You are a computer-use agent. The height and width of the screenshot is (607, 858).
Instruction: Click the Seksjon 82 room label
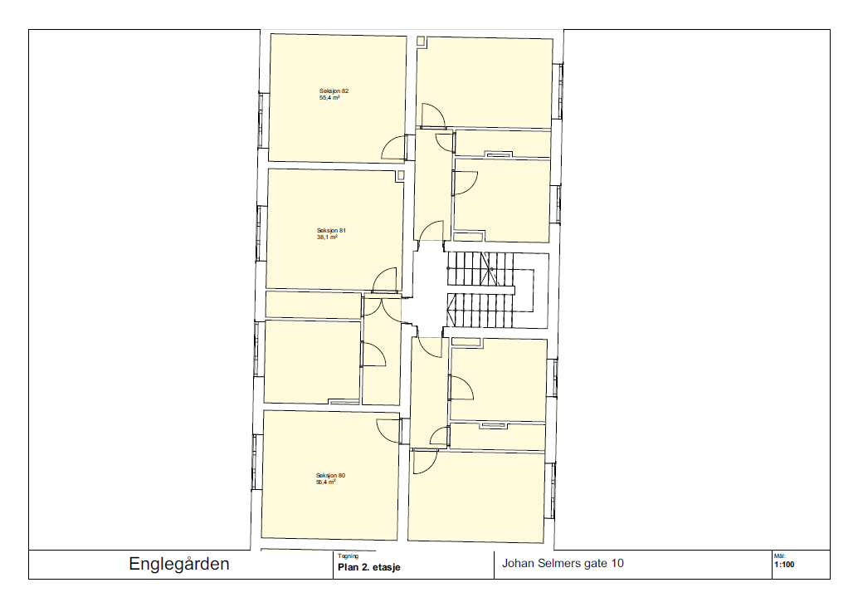(x=334, y=91)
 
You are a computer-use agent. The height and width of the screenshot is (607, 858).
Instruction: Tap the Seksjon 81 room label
(x=331, y=231)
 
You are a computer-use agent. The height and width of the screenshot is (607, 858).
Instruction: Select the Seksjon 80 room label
(x=330, y=476)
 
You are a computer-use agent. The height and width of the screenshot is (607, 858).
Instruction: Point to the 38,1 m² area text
(x=327, y=237)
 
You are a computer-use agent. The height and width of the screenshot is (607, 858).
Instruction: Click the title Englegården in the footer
(x=179, y=565)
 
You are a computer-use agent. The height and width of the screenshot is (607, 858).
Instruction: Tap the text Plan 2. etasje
(x=368, y=568)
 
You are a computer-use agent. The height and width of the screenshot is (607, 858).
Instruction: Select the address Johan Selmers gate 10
(x=563, y=563)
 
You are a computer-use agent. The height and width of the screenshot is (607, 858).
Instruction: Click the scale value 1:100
(x=784, y=565)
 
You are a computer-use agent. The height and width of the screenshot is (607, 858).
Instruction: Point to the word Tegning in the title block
(x=348, y=556)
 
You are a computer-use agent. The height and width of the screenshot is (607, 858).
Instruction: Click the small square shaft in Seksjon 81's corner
(x=400, y=175)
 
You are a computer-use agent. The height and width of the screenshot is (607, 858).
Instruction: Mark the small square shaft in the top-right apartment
(x=420, y=41)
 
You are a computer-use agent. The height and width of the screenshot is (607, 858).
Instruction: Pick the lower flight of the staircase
(x=480, y=310)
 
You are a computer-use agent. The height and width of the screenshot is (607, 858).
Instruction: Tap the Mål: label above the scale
(x=779, y=556)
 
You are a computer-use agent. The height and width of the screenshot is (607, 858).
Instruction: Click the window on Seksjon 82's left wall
(x=261, y=120)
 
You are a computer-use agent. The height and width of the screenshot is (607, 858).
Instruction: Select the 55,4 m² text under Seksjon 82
(x=329, y=98)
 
